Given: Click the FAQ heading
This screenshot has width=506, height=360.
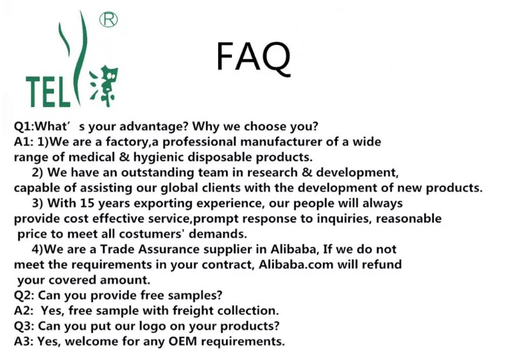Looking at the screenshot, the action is [x=253, y=57].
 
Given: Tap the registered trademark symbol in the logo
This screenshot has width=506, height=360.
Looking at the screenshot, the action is [x=108, y=20].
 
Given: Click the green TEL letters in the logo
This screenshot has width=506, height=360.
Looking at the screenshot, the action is [x=48, y=92].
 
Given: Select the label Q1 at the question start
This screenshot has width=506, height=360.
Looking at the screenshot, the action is [x=22, y=126].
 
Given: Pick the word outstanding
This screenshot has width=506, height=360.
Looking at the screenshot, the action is [x=157, y=172].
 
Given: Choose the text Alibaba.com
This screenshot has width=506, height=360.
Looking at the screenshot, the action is [x=296, y=264].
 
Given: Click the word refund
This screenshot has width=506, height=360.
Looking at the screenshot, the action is [x=381, y=264].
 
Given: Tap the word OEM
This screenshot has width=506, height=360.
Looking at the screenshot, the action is [x=183, y=342].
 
